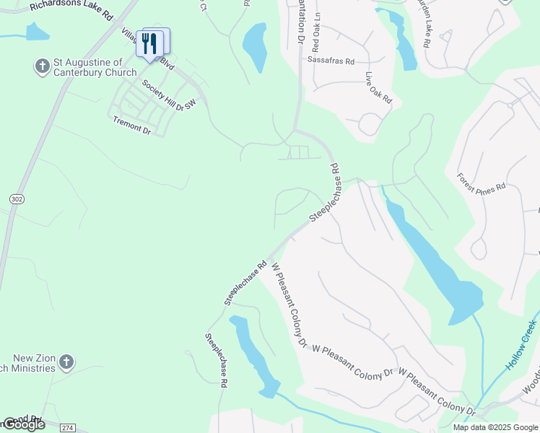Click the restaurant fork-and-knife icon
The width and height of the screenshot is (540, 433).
click(149, 44)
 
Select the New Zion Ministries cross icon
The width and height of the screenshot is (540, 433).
click(66, 362)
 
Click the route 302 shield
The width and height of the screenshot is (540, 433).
click(17, 198)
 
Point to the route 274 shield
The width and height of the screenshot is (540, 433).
click(68, 428)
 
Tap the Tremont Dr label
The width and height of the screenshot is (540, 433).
click(131, 126)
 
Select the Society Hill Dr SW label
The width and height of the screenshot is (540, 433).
click(169, 95)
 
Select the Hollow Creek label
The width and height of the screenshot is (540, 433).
click(521, 344)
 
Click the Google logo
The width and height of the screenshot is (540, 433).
click(23, 424)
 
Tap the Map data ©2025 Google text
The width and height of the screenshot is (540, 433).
click(496, 427)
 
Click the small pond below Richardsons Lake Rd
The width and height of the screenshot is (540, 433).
click(36, 32)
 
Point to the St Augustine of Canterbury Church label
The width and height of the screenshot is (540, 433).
click(95, 67)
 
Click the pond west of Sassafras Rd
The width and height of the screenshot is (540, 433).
click(255, 46)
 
